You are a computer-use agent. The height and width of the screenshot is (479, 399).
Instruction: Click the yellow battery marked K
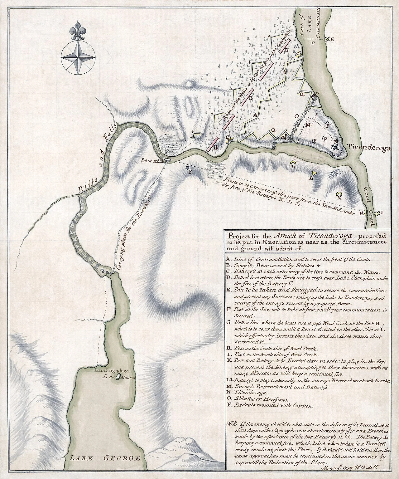[x=339, y=196]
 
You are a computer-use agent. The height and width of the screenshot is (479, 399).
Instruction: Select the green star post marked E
[x=327, y=39]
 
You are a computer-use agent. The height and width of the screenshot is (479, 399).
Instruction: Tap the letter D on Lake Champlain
[x=313, y=43]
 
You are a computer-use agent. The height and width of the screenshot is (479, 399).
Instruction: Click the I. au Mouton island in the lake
[x=118, y=377]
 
